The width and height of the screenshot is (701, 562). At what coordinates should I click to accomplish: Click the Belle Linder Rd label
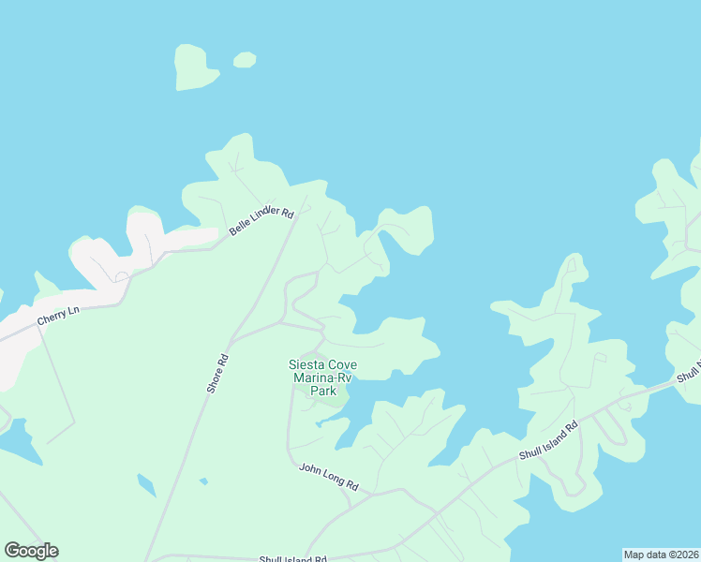pyautogui.click(x=261, y=218)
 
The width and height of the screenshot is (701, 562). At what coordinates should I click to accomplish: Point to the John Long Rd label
pyautogui.click(x=328, y=477)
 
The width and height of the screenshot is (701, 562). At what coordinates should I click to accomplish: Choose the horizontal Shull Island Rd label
pyautogui.click(x=293, y=559)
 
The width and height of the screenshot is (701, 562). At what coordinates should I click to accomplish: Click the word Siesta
pyautogui.click(x=308, y=364)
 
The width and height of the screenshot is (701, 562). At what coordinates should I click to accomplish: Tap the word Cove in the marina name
pyautogui.click(x=342, y=364)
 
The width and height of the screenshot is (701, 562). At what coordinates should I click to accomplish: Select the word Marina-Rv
pyautogui.click(x=322, y=377)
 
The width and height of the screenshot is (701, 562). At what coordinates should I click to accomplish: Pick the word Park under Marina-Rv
pyautogui.click(x=322, y=391)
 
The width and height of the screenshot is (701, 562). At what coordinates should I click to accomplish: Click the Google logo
pyautogui.click(x=31, y=551)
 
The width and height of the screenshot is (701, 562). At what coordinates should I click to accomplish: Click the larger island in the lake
pyautogui.click(x=194, y=68)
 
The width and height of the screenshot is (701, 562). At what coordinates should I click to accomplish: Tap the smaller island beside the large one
pyautogui.click(x=245, y=60)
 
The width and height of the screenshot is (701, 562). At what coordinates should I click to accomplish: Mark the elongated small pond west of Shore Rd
pyautogui.click(x=146, y=486)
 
